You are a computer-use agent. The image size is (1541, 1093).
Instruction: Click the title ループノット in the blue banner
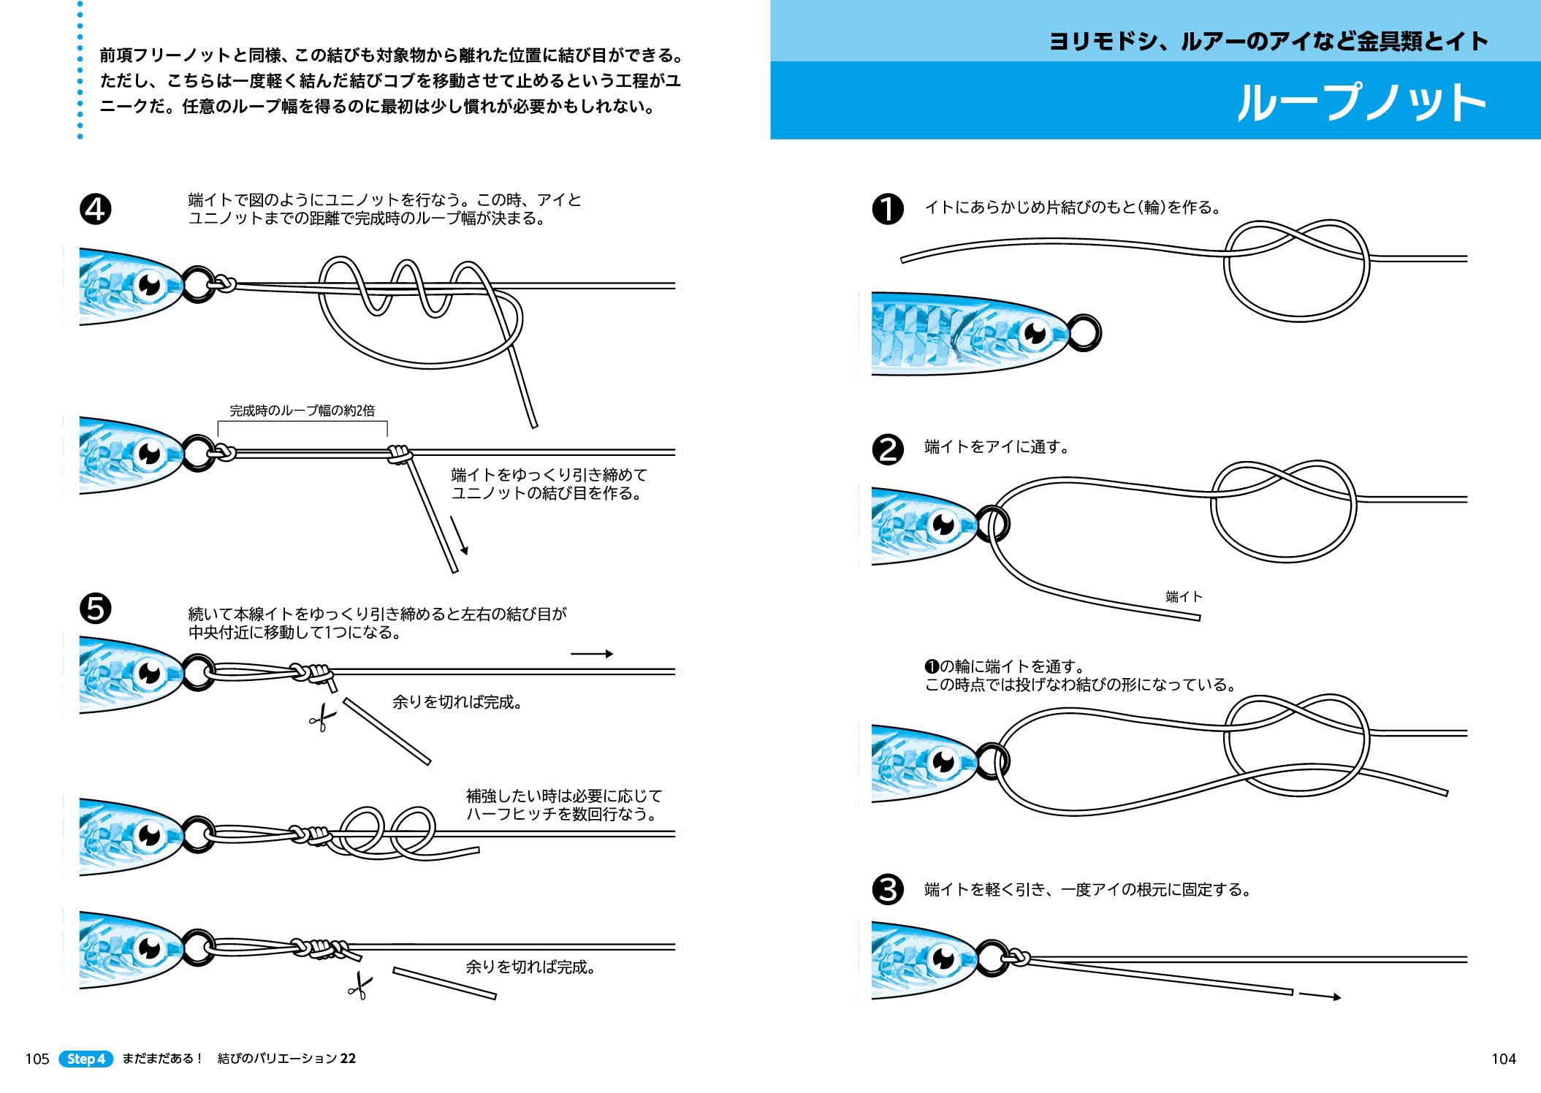1361,102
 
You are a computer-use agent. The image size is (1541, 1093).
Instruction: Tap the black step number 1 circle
888,209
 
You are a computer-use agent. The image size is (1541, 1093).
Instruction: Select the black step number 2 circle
888,449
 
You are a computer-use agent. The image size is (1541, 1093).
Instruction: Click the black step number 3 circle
888,890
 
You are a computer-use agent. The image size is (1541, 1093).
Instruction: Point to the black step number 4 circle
95,209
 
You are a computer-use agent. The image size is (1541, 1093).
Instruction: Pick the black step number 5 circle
95,608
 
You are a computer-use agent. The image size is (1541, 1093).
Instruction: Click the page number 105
37,1059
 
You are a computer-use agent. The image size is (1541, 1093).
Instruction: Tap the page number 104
1503,1059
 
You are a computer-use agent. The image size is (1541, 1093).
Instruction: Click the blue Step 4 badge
86,1059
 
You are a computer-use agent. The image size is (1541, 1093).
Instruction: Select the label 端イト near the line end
1184,597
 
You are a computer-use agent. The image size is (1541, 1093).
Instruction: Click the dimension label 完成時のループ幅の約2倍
302,411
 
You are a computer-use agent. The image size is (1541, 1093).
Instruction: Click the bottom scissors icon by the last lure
359,986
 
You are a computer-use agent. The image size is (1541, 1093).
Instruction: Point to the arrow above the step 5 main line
591,654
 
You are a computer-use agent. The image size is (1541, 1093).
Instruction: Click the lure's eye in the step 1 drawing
1035,335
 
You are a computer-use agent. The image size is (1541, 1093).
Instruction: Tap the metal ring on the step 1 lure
1084,332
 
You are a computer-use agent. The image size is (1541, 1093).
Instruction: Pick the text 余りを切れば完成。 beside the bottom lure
531,967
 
